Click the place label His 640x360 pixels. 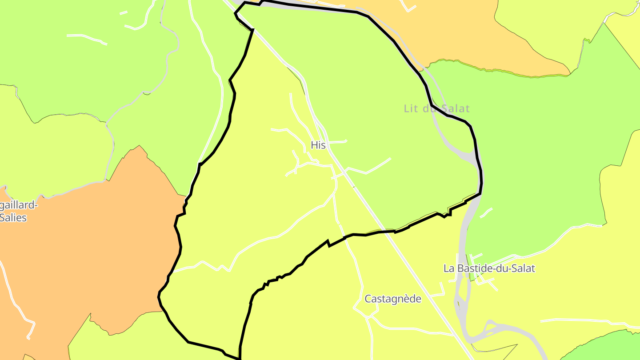pyautogui.click(x=318, y=145)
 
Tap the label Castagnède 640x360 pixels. pyautogui.click(x=392, y=299)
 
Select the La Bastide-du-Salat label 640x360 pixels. pyautogui.click(x=489, y=268)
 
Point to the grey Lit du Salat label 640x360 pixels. pyautogui.click(x=436, y=108)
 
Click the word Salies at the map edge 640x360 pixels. pyautogui.click(x=13, y=217)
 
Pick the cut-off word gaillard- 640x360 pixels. pyautogui.click(x=19, y=205)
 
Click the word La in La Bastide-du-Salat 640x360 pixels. pyautogui.click(x=448, y=268)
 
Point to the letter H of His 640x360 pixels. pyautogui.click(x=314, y=145)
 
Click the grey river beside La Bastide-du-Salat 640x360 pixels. pyautogui.click(x=462, y=249)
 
